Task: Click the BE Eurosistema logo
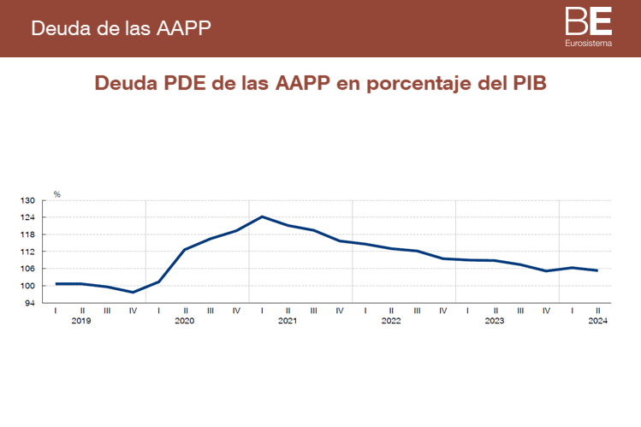tap(588, 27)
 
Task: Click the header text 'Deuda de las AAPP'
tap(121, 27)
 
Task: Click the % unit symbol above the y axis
tap(57, 194)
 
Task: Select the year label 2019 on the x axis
tap(81, 321)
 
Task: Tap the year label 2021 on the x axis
tap(288, 321)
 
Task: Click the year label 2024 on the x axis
tap(597, 321)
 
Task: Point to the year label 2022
tap(391, 321)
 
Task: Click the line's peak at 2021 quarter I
tap(262, 216)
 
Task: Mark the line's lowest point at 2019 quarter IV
tap(133, 293)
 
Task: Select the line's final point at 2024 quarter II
tap(597, 270)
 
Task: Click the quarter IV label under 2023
tap(546, 310)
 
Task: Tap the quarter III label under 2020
tap(211, 310)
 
